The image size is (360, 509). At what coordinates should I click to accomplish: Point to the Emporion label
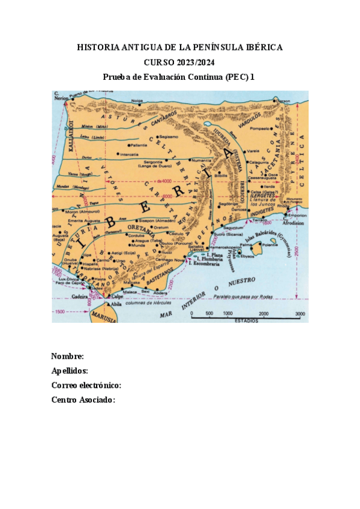298,214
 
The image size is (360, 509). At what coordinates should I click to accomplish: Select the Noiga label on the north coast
138,101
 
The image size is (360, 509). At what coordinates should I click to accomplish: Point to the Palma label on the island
246,245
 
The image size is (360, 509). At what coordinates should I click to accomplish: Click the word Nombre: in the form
64,357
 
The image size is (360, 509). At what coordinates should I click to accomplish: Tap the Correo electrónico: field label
86,385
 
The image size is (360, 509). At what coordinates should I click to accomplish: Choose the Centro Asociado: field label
83,400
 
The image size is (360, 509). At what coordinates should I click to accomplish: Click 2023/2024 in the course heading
195,62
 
